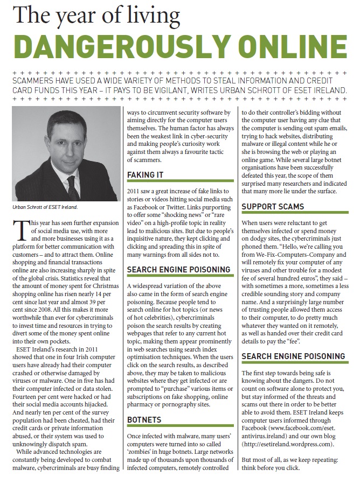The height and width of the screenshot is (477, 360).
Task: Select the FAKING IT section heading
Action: [x=146, y=175]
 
